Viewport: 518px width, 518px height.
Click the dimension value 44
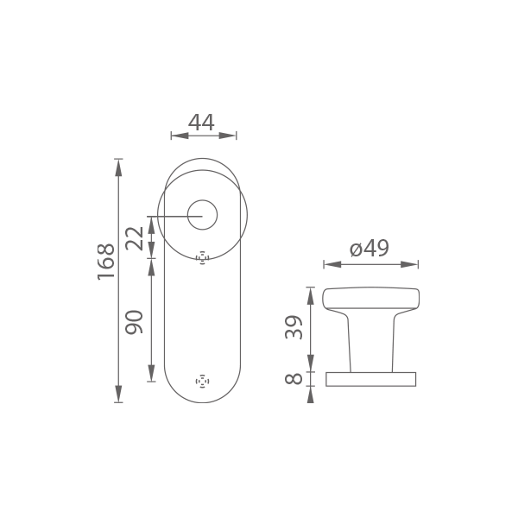click(x=201, y=122)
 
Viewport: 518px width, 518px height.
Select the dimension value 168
click(x=106, y=262)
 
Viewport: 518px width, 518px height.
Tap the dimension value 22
click(x=135, y=238)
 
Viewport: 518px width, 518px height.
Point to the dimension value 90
click(x=135, y=322)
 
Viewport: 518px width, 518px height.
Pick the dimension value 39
click(x=294, y=327)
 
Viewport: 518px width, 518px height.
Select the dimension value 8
click(x=294, y=379)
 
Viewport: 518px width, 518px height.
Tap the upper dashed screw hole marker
click(x=203, y=257)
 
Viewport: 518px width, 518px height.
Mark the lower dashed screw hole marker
click(x=203, y=382)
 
